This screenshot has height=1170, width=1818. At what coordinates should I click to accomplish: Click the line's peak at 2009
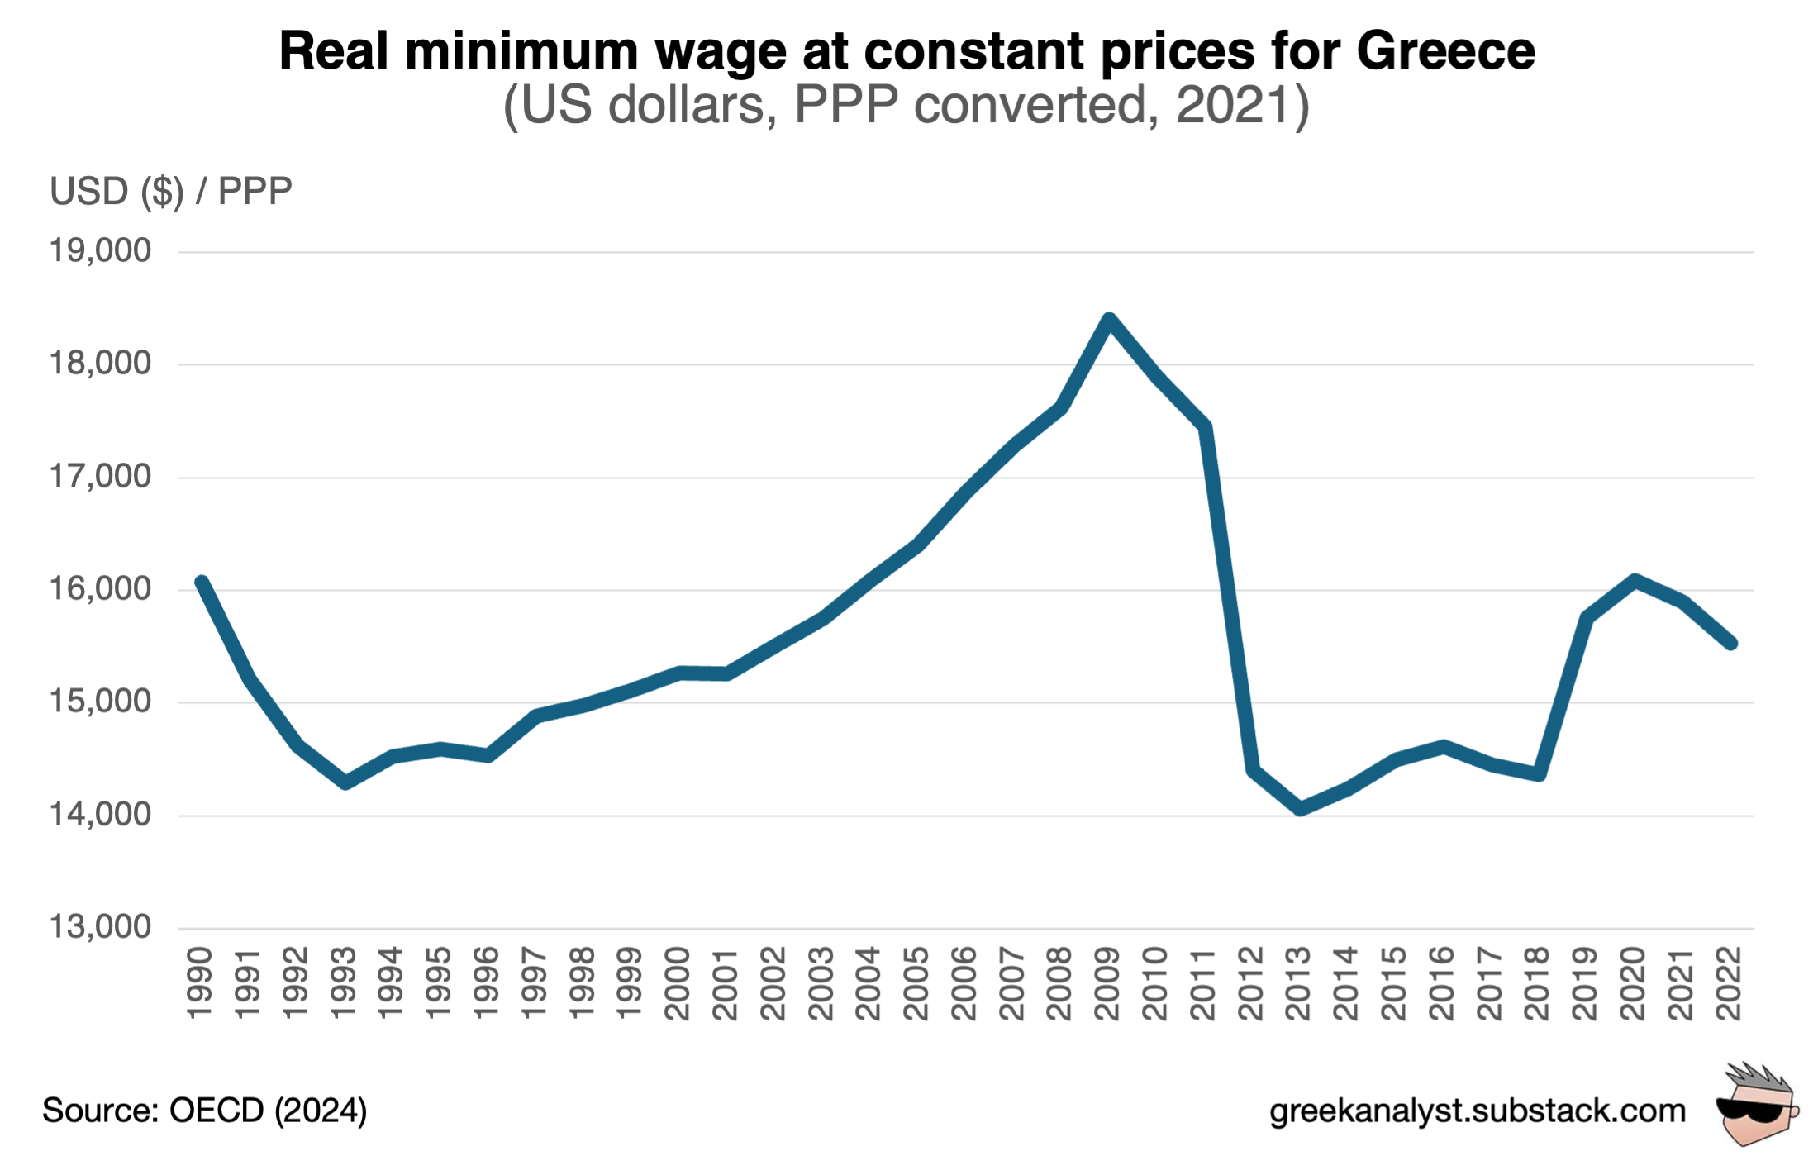[1109, 319]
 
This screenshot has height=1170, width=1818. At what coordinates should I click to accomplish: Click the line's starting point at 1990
[201, 583]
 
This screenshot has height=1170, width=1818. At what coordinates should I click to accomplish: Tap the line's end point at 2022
[1730, 643]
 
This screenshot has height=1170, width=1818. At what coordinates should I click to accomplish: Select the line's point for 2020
[1635, 580]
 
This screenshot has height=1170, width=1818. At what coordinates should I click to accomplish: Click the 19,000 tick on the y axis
[100, 250]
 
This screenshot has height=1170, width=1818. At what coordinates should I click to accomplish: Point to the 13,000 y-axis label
[100, 927]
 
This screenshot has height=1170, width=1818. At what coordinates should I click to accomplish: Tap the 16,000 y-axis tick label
[100, 589]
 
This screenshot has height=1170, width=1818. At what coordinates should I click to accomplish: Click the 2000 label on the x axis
[678, 983]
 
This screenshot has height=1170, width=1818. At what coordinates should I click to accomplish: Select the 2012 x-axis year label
[1251, 983]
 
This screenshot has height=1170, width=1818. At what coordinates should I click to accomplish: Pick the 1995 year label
[439, 983]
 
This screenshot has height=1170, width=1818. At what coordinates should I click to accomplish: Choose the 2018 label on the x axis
[1537, 983]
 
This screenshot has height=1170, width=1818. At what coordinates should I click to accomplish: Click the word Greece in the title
[1445, 51]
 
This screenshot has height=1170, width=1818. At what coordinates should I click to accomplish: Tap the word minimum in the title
[521, 51]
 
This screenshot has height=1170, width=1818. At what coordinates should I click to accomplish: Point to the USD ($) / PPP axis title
[170, 191]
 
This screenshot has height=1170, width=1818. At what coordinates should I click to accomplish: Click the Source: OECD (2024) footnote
[204, 1111]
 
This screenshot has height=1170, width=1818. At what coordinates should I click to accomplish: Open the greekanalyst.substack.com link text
[1477, 1111]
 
